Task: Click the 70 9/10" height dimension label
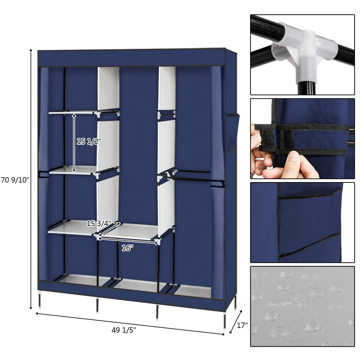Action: click(x=14, y=180)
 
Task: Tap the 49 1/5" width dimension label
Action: click(x=123, y=330)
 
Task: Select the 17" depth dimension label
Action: click(x=242, y=325)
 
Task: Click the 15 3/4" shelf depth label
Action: click(x=96, y=223)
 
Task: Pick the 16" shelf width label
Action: click(x=127, y=248)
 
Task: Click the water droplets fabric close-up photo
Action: click(x=302, y=306)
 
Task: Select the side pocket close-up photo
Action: click(x=302, y=222)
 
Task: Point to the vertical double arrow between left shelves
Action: click(x=74, y=143)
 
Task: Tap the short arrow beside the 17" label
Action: click(x=236, y=319)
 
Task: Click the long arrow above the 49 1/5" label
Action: click(x=130, y=324)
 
